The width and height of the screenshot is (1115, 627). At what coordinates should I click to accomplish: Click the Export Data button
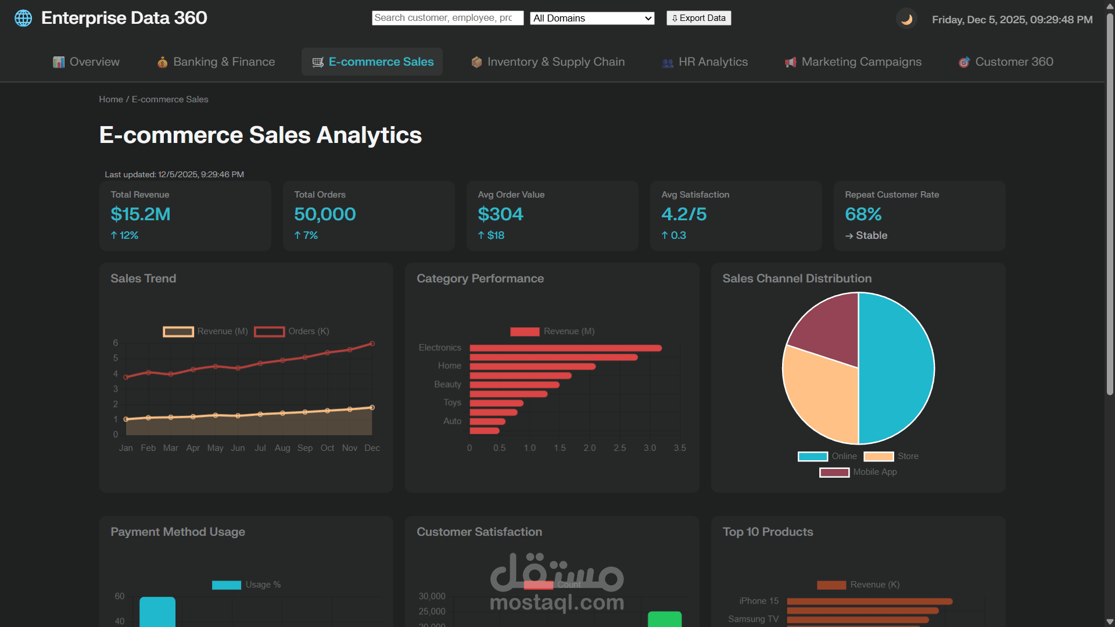pos(698,18)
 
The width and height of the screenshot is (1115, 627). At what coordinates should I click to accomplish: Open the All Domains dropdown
pos(592,18)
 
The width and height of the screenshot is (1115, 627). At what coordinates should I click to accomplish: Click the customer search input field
pos(447,18)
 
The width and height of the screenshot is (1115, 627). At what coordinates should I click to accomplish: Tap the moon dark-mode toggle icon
pos(906,19)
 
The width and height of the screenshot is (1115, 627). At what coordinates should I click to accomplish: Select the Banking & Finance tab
pos(216,62)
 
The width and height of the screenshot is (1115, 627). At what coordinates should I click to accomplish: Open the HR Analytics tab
pos(705,62)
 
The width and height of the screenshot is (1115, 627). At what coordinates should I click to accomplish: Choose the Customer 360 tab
pos(1006,62)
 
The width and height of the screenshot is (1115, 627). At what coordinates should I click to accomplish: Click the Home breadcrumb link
pos(110,99)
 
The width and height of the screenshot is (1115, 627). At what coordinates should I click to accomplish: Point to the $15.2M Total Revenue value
pos(141,214)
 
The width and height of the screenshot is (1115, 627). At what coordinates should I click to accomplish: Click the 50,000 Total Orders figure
pos(325,214)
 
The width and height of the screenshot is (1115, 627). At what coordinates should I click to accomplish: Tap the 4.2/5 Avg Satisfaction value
pos(684,214)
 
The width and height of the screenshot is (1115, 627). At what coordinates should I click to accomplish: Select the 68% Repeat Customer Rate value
pos(863,214)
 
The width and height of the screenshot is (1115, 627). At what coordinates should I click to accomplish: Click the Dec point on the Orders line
pos(372,343)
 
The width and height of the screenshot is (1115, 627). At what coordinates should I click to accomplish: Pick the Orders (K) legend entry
pos(292,331)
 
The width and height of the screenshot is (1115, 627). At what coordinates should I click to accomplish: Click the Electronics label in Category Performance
pos(440,347)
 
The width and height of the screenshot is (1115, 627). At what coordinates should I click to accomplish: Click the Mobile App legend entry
pos(858,472)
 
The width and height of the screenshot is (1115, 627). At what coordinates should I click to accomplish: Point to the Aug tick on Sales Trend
pos(282,448)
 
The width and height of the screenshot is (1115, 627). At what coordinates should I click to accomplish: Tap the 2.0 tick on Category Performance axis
pos(589,448)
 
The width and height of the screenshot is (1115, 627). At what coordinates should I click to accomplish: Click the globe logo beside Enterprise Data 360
pos(23,18)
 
